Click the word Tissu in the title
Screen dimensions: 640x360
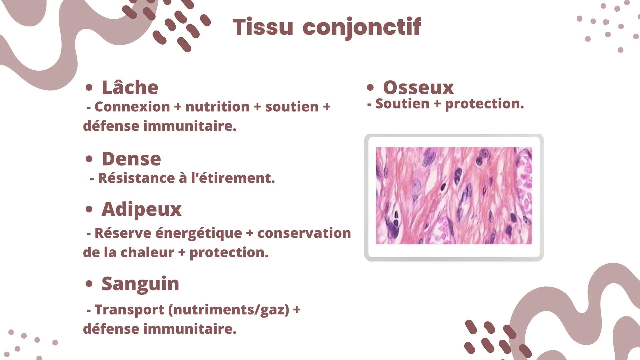click(x=263, y=27)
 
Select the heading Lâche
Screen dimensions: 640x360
click(x=130, y=87)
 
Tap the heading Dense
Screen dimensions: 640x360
click(x=131, y=159)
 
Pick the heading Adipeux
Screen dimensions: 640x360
click(x=142, y=210)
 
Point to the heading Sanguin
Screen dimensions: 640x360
click(x=140, y=284)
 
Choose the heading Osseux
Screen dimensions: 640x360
click(x=418, y=88)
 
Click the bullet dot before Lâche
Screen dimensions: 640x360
click(x=89, y=88)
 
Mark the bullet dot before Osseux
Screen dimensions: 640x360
click(x=370, y=88)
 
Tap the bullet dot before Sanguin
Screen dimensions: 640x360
click(x=89, y=284)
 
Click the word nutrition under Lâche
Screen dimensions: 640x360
click(x=217, y=107)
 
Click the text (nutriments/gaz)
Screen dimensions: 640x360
click(x=229, y=310)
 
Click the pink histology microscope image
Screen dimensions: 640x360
click(x=454, y=196)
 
